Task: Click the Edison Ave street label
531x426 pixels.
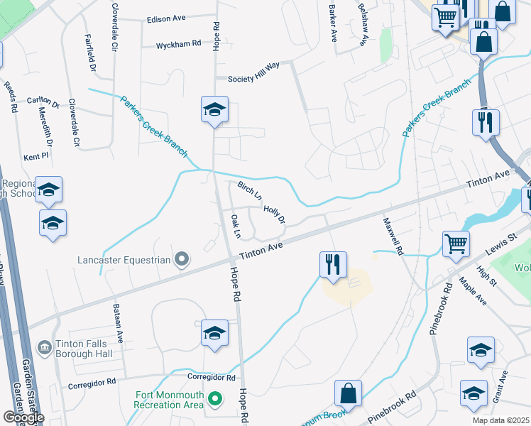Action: coord(165,20)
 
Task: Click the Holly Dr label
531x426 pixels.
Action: coord(274,214)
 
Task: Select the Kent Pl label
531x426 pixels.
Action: coord(35,155)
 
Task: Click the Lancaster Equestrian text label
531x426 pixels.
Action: coord(124,260)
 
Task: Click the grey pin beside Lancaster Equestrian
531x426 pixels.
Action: coord(182,260)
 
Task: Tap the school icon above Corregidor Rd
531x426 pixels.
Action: coord(214,332)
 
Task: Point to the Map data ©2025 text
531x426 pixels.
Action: coord(500,420)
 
